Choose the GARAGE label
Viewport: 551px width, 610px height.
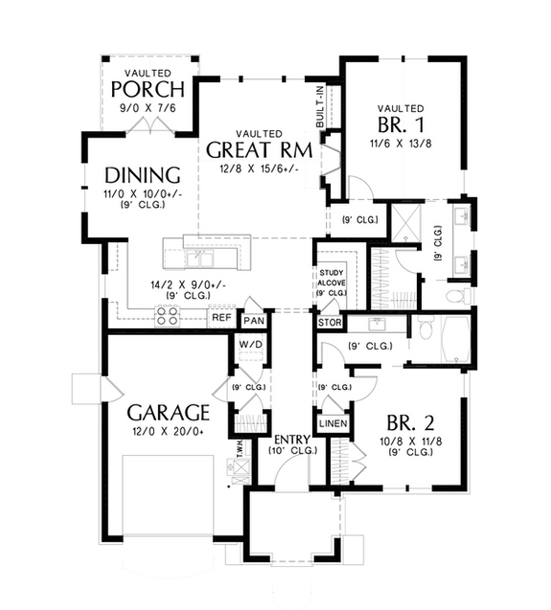coord(169,413)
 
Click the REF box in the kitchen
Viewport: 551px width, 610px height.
coord(221,317)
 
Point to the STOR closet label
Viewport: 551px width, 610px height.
coord(329,322)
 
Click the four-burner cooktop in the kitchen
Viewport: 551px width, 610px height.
coord(165,316)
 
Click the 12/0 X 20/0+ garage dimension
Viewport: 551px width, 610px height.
coord(169,433)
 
